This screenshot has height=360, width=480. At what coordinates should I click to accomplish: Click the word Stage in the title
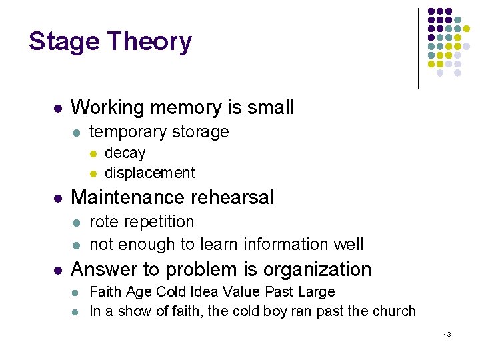64,42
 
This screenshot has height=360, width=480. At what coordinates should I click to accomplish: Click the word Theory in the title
149,42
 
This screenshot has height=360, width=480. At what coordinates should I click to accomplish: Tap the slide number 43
447,333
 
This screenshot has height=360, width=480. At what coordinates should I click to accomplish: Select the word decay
125,153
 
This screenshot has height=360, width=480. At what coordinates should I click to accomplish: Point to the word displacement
150,173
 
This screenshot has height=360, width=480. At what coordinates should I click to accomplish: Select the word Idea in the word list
207,291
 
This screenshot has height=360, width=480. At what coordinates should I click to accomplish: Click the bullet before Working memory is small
57,108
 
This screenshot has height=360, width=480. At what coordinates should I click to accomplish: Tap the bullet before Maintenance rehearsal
57,198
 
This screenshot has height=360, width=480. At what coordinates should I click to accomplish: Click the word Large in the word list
317,291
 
